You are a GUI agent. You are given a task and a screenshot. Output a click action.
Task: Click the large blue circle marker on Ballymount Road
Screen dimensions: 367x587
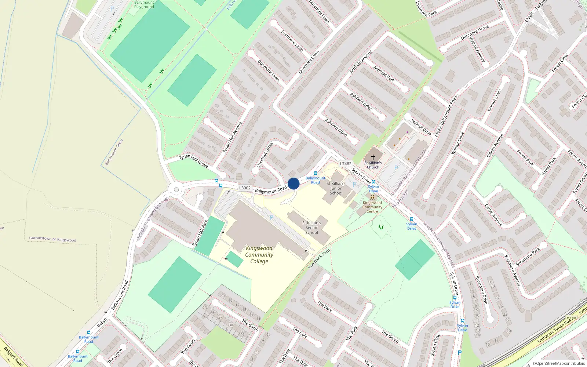pos(293,183)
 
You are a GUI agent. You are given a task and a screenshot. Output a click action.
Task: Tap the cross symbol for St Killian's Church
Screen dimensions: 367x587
pos(373,157)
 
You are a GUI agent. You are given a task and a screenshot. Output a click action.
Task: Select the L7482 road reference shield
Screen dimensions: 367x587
pos(346,164)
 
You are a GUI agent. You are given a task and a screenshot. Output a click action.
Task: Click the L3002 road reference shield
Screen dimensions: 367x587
pos(245,188)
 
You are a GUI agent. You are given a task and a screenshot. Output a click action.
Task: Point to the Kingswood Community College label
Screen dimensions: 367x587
pos(259,255)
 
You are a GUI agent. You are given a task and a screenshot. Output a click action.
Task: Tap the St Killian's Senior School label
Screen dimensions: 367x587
pos(311,228)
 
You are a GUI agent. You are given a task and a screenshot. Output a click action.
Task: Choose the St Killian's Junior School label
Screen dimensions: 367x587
pos(336,188)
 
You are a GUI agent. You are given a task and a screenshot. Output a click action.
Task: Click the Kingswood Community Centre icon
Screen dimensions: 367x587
pos(372,197)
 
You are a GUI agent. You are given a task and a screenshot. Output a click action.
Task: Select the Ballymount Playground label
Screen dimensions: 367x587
pos(144,4)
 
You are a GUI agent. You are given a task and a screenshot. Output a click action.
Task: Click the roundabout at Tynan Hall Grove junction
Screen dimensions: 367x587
pos(176,190)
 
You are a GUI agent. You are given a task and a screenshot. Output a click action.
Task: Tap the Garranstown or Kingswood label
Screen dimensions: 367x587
pos(53,239)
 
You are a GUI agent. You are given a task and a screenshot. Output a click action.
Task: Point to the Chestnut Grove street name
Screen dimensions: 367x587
pos(265,155)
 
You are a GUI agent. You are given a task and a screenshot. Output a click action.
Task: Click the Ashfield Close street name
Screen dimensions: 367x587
pos(336,127)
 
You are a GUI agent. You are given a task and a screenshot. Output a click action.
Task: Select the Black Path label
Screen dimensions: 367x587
pos(319,259)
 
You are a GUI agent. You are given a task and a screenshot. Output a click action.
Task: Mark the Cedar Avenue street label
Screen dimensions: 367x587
pos(493,215)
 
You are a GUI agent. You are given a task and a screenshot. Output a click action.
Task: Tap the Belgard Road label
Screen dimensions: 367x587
pos(14,356)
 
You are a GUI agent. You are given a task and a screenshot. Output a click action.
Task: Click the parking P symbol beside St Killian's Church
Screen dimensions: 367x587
pos(396,168)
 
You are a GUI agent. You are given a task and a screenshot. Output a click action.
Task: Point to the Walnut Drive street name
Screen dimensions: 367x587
pos(421,127)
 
